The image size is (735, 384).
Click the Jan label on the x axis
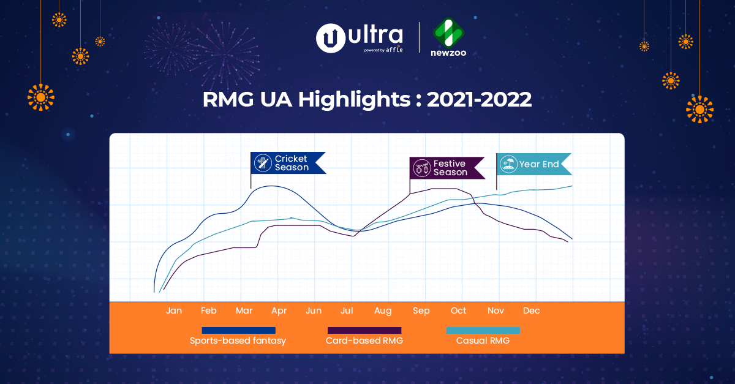[x=174, y=311]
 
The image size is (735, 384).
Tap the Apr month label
[x=279, y=311]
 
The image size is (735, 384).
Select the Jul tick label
[x=347, y=311]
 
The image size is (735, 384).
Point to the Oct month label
[x=458, y=311]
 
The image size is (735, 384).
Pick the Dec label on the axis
[x=531, y=311]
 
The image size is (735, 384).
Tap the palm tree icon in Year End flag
[x=508, y=164]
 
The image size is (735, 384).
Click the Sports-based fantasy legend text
[x=238, y=341]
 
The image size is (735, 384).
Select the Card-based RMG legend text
[x=364, y=341]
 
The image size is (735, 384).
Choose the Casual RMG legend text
[x=483, y=341]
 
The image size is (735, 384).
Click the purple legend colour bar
[x=364, y=331]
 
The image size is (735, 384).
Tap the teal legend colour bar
[x=483, y=331]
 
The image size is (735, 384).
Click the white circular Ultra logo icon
[x=329, y=38]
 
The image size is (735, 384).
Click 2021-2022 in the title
[x=479, y=99]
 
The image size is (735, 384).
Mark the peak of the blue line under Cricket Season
[x=270, y=186]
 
